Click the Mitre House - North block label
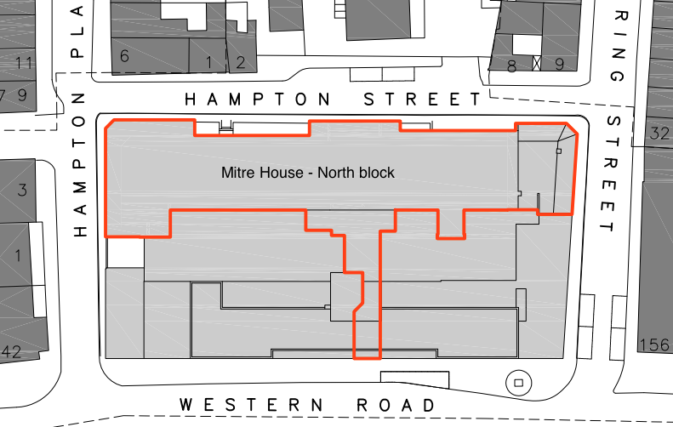click(308, 173)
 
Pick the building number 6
click(124, 57)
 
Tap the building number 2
click(241, 61)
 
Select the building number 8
click(511, 64)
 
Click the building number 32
click(659, 134)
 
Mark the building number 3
click(23, 189)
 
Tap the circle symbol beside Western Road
click(517, 383)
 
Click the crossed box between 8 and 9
click(536, 63)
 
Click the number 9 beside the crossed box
click(559, 64)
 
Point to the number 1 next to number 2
click(208, 61)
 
